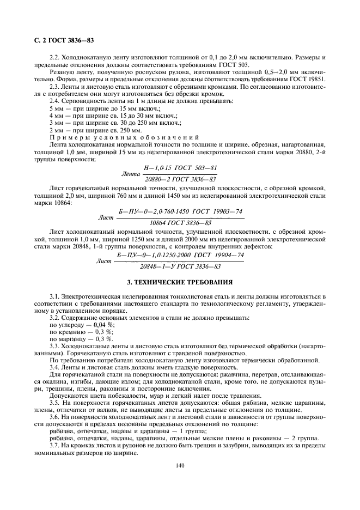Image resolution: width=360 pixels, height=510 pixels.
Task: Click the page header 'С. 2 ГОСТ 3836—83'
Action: pyautogui.click(x=59, y=40)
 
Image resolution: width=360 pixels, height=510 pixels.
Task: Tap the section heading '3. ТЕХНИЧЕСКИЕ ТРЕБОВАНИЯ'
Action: pyautogui.click(x=180, y=282)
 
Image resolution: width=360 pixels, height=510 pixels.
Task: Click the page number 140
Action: pyautogui.click(x=180, y=465)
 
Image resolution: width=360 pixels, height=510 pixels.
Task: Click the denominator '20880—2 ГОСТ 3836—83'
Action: pyautogui.click(x=179, y=179)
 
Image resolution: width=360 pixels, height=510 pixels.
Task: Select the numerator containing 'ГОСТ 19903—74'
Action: pyautogui.click(x=180, y=211)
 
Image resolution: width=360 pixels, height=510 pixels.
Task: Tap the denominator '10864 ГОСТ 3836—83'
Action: pyautogui.click(x=180, y=222)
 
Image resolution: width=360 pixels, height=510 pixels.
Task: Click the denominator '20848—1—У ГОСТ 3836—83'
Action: pyautogui.click(x=180, y=266)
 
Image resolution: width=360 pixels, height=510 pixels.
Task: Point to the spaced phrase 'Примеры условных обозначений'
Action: pyautogui.click(x=124, y=137)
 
